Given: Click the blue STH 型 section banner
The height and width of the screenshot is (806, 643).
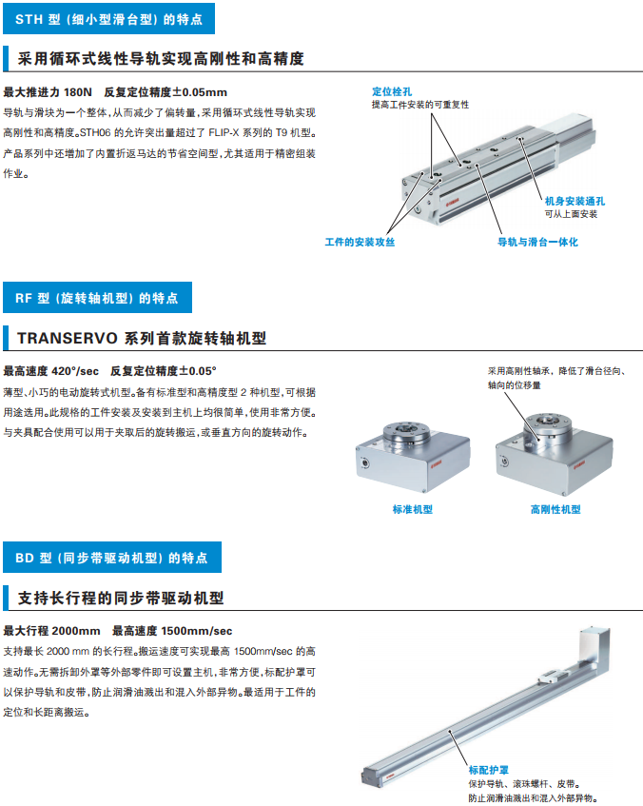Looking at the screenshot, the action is pos(109,19).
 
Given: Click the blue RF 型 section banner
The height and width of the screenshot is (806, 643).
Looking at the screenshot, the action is pos(98,298).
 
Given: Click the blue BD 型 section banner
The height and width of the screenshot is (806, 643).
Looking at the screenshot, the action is pos(112,558).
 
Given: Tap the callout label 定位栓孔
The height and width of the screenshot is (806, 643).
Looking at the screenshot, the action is pos(392,91).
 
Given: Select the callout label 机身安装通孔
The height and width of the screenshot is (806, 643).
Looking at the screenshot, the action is pos(575,201).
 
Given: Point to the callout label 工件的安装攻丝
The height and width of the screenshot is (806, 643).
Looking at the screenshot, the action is pos(360,242).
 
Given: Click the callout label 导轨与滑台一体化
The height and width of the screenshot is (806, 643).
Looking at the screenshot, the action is pos(537,242).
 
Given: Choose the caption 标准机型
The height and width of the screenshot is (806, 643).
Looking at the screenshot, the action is pos(413,509).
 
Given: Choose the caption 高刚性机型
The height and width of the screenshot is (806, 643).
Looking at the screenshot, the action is pos(555,509).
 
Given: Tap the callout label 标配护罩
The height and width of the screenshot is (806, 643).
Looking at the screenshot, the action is pos(488,770).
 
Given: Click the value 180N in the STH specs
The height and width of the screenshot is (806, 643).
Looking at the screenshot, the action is pos(78,92).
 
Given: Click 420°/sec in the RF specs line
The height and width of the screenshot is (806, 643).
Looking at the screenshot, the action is pos(75,371).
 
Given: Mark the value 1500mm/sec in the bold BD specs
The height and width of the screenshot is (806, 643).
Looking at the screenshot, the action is pos(196,631).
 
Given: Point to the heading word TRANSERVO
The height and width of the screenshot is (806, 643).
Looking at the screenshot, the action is pos(68,338).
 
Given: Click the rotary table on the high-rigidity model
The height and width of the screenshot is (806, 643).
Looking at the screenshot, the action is pos(548,427).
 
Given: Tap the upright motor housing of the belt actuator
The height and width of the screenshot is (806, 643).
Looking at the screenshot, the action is pos(594,649).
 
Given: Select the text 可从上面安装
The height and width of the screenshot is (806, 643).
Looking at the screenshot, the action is pos(571,214).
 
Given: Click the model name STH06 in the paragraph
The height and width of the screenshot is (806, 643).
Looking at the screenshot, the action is pos(95,132).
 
